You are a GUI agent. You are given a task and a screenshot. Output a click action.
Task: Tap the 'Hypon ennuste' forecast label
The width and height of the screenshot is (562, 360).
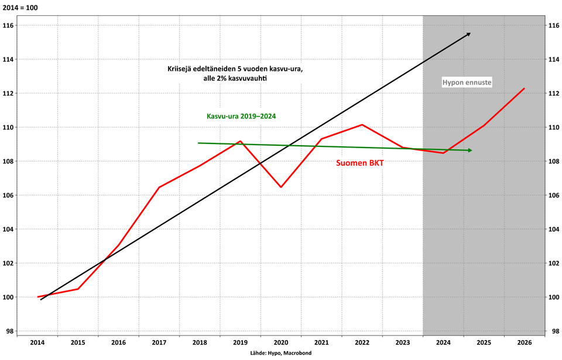[x=467, y=83]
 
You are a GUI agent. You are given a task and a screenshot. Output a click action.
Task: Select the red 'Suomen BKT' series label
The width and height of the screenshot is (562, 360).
[x=360, y=163]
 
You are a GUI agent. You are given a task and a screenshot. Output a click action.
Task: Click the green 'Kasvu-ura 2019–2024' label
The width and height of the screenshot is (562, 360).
[x=241, y=116]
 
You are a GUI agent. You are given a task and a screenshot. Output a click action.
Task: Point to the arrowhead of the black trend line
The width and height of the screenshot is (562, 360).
[x=468, y=35]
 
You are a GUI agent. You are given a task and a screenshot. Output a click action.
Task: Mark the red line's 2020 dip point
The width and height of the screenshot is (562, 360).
[x=281, y=187]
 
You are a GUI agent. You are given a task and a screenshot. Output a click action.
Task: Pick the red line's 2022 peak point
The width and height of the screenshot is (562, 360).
[x=362, y=125]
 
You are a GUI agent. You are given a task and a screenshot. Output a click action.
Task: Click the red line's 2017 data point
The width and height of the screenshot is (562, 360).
[x=159, y=187]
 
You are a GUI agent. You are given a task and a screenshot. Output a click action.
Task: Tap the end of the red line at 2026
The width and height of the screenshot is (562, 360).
[x=525, y=88]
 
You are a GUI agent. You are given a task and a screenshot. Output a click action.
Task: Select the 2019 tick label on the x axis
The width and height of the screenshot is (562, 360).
[x=240, y=343]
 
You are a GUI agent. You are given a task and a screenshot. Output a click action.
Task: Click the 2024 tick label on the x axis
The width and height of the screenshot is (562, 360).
[x=443, y=343]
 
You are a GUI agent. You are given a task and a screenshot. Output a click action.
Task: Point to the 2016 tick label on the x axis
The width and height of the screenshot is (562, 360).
[x=118, y=343]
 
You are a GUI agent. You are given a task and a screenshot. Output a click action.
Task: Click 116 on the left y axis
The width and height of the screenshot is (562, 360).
[x=8, y=25]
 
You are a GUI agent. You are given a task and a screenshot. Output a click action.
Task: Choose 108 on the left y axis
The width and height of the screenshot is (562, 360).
[x=8, y=162]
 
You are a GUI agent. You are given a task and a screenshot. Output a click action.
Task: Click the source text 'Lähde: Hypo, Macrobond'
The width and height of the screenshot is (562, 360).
[x=280, y=354]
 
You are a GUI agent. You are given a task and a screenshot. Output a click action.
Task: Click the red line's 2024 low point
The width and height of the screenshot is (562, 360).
[x=444, y=153]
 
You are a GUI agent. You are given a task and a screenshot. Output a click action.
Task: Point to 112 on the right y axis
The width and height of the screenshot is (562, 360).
[x=553, y=93]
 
